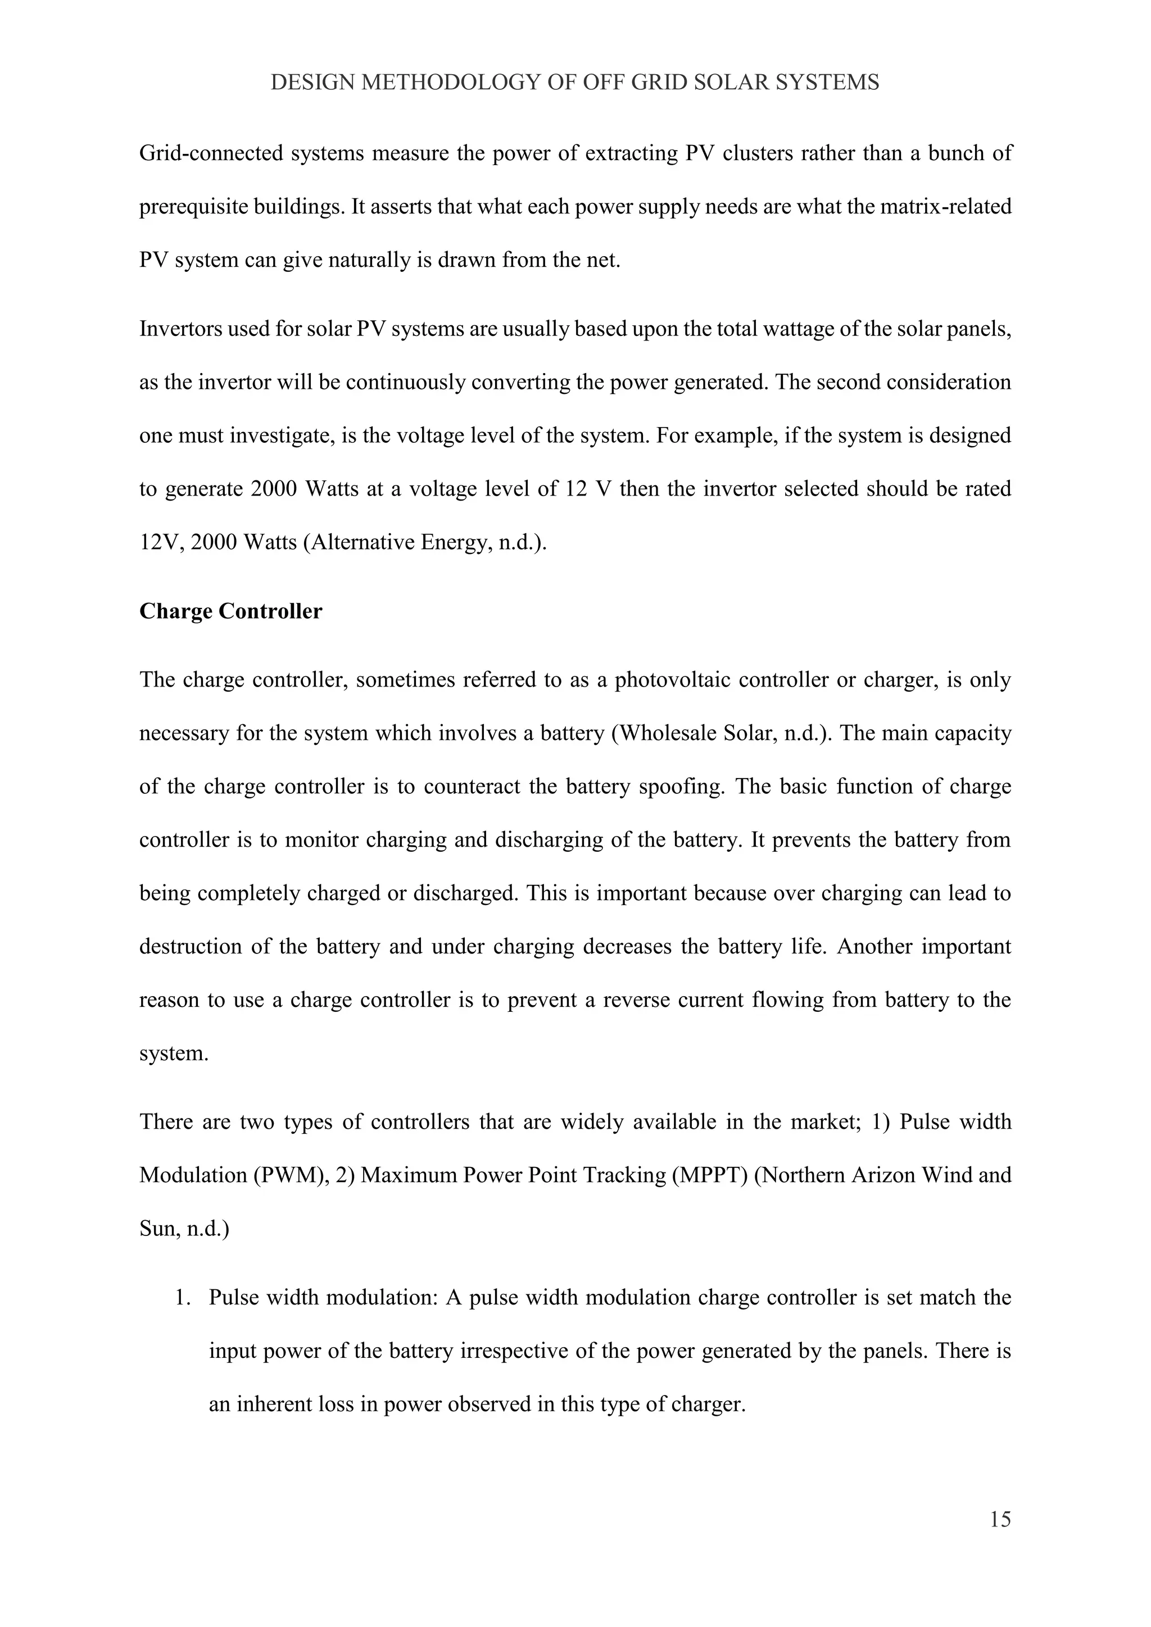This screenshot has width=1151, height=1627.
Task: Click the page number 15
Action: pyautogui.click(x=1000, y=1519)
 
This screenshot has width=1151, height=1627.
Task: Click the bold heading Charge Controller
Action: pyautogui.click(x=230, y=611)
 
